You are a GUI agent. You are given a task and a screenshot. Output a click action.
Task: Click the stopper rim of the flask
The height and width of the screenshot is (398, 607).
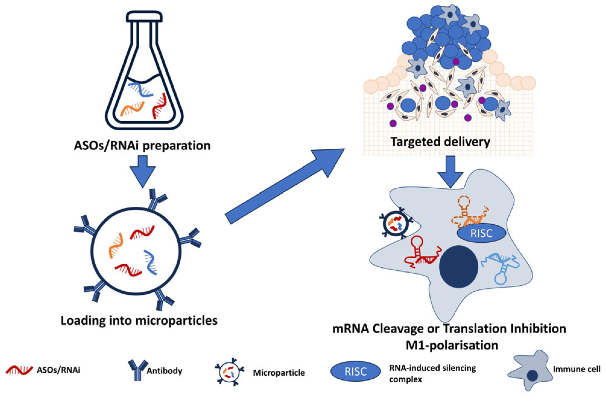(x=144, y=16)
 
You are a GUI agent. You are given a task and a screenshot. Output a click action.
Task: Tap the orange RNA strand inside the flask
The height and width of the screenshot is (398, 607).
(x=132, y=109)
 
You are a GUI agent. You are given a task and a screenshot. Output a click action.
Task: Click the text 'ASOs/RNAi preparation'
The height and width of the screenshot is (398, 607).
(x=142, y=145)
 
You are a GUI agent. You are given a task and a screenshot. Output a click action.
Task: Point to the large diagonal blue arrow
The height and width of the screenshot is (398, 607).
(x=283, y=187)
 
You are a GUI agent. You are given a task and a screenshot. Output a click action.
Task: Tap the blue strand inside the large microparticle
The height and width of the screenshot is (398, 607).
(x=150, y=262)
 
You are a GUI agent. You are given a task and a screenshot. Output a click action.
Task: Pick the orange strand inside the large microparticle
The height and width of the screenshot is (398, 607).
(x=116, y=245)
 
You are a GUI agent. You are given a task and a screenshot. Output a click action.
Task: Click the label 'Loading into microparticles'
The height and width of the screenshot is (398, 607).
(x=139, y=320)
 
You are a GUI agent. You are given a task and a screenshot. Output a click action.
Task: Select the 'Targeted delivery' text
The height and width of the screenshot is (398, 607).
(x=440, y=142)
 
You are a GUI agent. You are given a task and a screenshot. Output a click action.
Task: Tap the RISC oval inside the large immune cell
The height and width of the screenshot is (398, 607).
(x=481, y=233)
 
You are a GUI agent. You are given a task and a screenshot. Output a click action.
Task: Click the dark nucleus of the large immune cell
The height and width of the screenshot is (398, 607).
(x=458, y=266)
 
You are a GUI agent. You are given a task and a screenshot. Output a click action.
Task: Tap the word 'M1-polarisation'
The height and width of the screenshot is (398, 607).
(x=452, y=345)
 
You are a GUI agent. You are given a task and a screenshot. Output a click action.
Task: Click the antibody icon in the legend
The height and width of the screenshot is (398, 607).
(x=138, y=370)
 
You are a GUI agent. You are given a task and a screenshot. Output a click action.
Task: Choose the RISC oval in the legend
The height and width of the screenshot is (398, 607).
(x=356, y=371)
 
